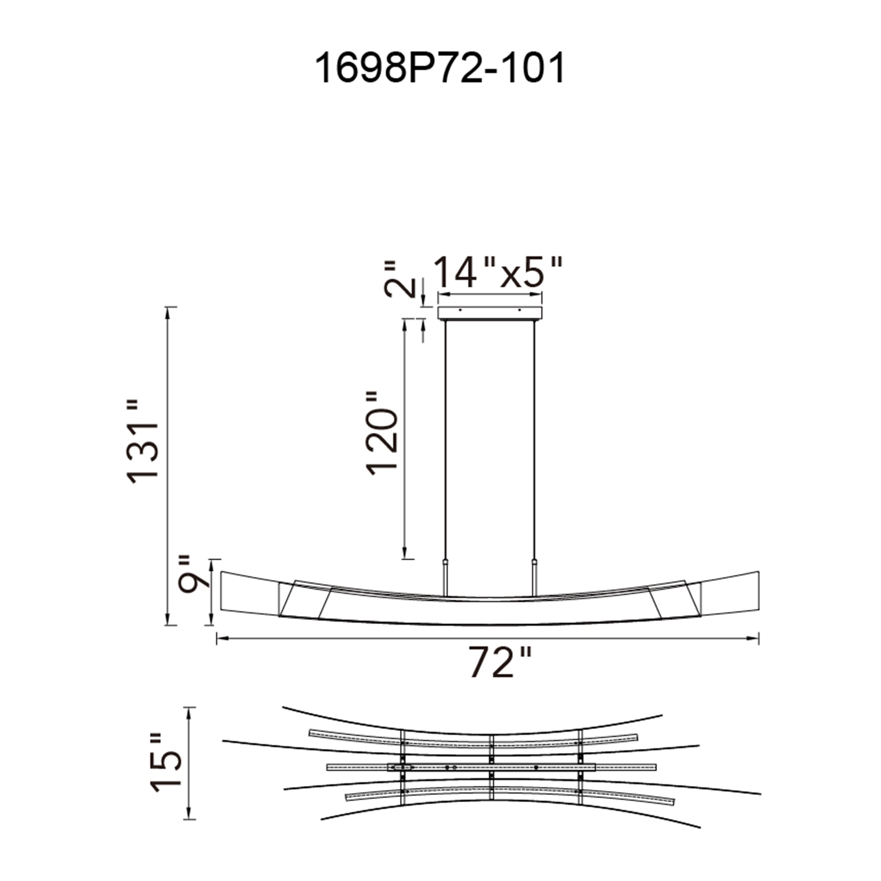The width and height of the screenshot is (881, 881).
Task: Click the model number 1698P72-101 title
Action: click(x=440, y=68)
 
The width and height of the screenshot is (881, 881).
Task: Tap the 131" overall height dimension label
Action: click(x=143, y=441)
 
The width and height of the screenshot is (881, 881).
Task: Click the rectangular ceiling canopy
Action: click(x=490, y=313)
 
